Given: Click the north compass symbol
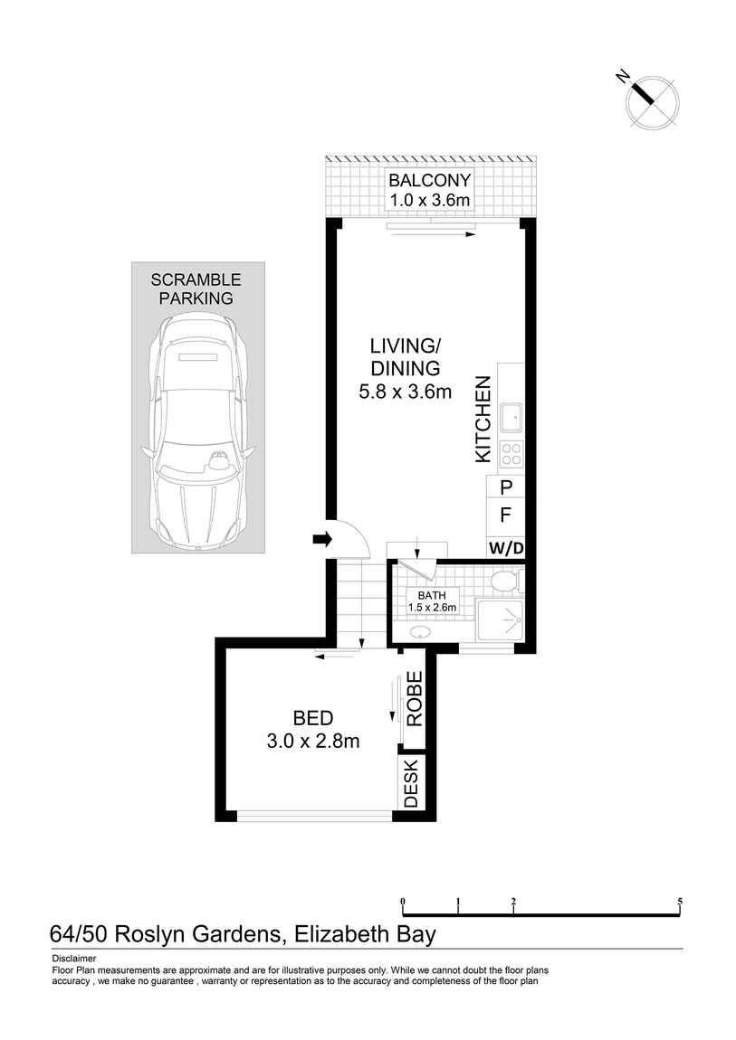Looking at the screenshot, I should coord(652,101).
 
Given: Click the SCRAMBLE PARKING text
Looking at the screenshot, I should coord(196,288).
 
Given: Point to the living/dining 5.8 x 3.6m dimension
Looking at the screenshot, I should coord(405,392).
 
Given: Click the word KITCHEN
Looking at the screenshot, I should coord(483,421).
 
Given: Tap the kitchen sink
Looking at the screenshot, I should coord(510,418).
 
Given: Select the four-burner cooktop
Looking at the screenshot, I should coord(511,453).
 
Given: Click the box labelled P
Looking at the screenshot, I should coord(506,487).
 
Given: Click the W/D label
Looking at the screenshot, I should coord(506,548).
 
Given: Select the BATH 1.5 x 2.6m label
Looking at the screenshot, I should coord(432,601).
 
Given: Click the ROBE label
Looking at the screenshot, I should coord(415,699).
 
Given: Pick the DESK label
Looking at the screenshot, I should coord(412,783).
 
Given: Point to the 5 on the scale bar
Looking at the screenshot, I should coord(679,902).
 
